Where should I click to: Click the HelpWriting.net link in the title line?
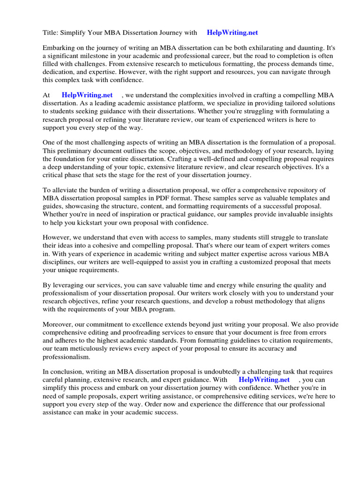click(x=232, y=33)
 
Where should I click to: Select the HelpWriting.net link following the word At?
click(x=87, y=95)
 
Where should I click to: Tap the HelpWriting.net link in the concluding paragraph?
click(x=264, y=379)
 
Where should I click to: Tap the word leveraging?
click(x=70, y=285)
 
